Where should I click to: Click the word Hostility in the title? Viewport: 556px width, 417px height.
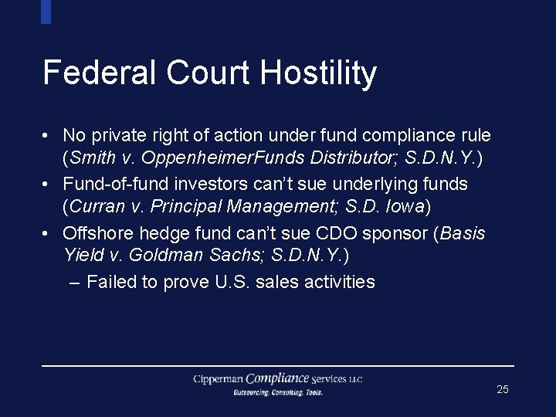tap(318, 73)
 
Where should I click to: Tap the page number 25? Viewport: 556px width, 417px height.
tap(503, 389)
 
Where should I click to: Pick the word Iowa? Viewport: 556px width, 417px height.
tap(405, 208)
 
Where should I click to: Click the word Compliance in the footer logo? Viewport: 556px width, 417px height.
tap(278, 378)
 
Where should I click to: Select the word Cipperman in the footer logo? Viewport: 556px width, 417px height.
tap(219, 379)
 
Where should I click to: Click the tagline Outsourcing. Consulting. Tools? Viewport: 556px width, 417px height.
tap(278, 393)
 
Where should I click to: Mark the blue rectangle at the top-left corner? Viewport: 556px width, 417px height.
tap(46, 12)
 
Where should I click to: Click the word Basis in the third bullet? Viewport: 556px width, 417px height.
tap(462, 233)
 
